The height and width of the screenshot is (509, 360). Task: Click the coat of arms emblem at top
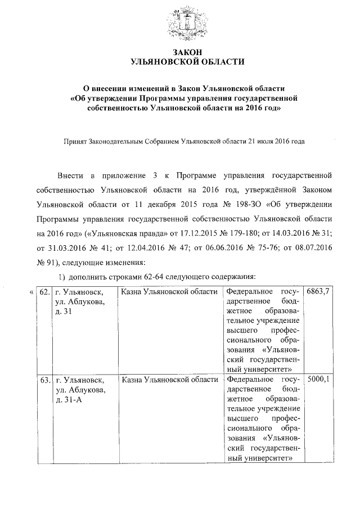coord(184,23)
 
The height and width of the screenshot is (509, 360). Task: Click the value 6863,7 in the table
coord(318,292)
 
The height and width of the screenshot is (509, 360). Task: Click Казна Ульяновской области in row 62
coord(169,292)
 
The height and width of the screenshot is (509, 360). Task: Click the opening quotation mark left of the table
coord(30,292)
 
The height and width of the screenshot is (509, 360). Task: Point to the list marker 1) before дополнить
coord(63,277)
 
